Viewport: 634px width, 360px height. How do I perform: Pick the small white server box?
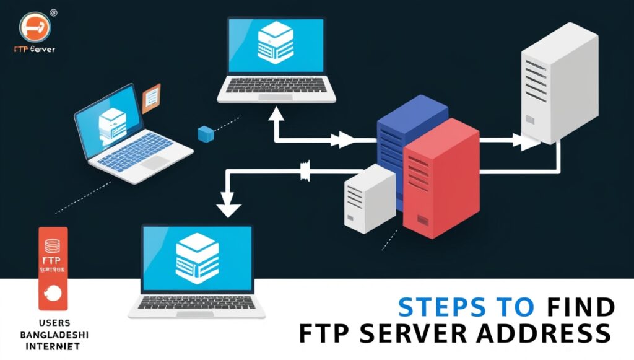370,198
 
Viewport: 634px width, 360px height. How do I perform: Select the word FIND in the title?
581,307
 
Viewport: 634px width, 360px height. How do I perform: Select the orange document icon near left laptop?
151,99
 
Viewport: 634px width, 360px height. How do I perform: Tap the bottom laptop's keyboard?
197,303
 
